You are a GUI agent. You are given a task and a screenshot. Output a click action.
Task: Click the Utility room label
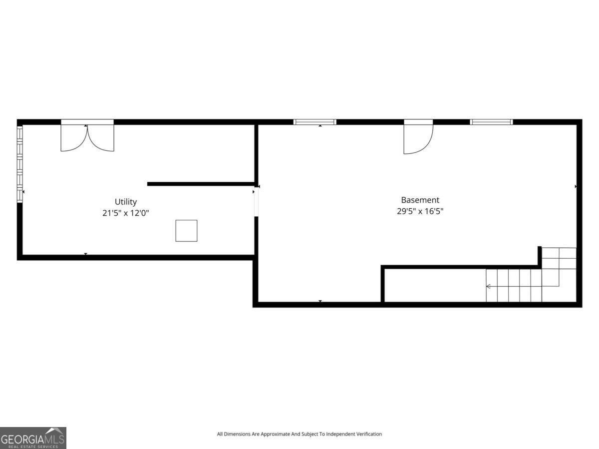coord(126,202)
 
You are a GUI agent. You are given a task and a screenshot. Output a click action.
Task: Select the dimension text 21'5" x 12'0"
coord(126,213)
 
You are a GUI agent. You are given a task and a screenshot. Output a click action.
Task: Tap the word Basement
coord(420,200)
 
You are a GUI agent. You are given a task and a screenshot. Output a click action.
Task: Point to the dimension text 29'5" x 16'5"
coord(420,211)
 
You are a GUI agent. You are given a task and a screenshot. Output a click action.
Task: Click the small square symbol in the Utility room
coord(186,231)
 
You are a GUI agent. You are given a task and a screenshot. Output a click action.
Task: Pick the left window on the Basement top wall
coord(314,122)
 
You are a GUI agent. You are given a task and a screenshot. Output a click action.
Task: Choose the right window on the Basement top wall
coord(491,122)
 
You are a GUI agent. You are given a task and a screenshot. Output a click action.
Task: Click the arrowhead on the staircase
coord(488,286)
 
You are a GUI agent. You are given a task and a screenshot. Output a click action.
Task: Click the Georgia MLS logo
coord(33,438)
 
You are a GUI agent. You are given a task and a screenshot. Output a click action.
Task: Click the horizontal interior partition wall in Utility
coord(201,184)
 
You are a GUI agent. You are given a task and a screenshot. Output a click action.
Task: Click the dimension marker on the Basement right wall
coord(576,186)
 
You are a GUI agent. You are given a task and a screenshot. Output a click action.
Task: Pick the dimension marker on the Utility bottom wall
coord(85,254)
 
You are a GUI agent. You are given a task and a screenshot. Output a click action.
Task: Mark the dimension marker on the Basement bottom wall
coord(320,301)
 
